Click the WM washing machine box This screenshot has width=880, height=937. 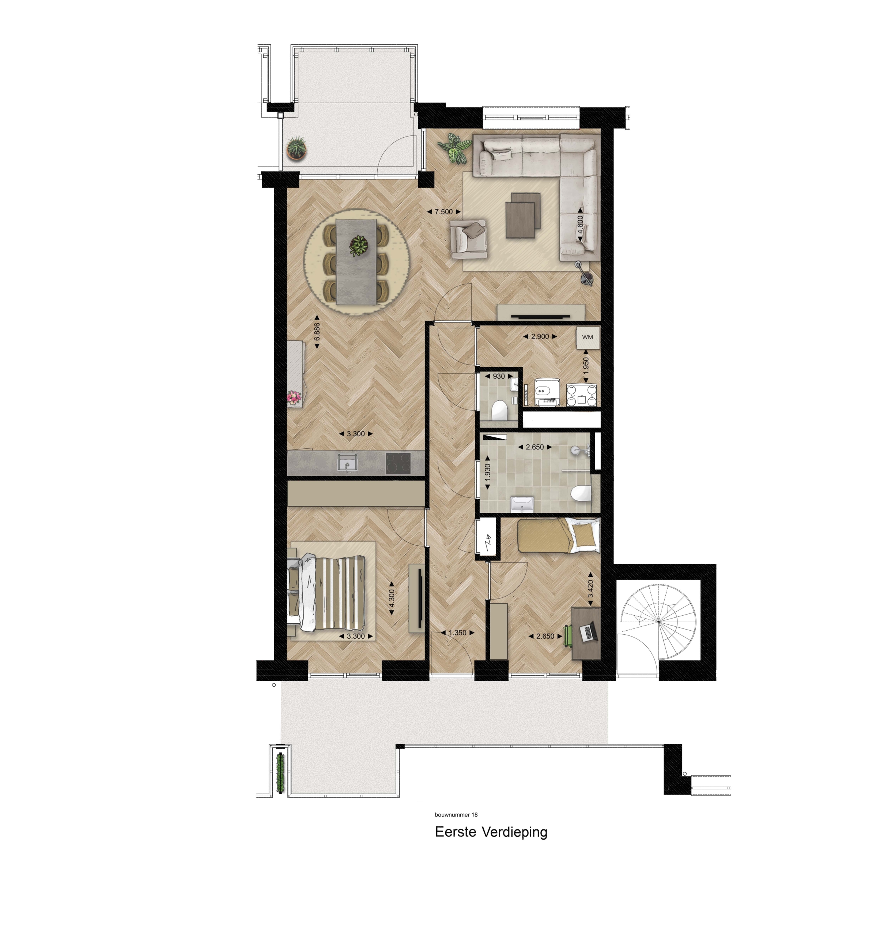(x=587, y=337)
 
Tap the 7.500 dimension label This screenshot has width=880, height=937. (x=443, y=212)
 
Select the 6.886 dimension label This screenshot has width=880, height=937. (x=317, y=332)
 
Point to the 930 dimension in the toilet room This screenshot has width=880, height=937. (x=499, y=376)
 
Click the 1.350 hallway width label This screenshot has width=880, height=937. (x=457, y=633)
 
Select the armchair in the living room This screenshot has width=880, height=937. (x=468, y=239)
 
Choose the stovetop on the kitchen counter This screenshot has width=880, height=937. (x=398, y=463)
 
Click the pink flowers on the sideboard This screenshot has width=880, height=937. (x=294, y=397)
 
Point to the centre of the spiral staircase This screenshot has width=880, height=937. (x=658, y=622)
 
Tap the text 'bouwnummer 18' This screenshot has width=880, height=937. (x=456, y=814)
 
